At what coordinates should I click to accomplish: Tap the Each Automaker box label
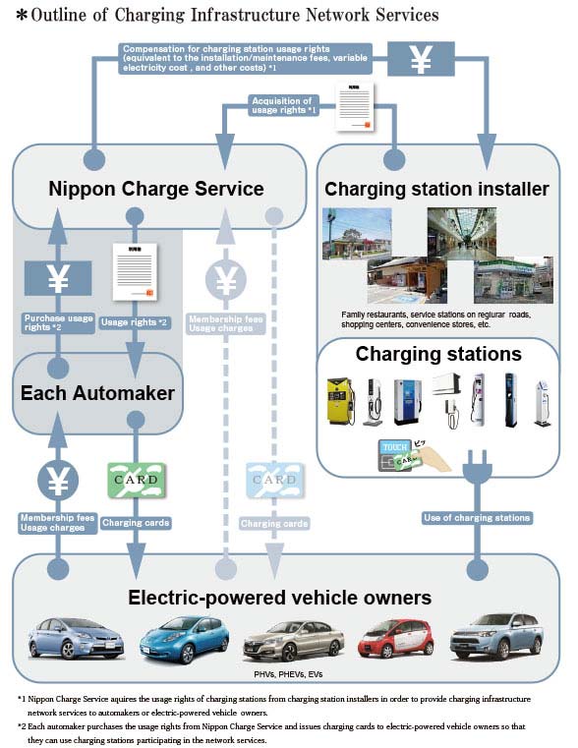[98, 394]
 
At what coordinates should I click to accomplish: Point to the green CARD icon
[135, 481]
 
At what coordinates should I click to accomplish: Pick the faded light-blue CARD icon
[273, 481]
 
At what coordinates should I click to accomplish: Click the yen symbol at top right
[421, 59]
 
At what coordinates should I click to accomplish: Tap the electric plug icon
[480, 462]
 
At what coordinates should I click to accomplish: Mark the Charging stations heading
[438, 354]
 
